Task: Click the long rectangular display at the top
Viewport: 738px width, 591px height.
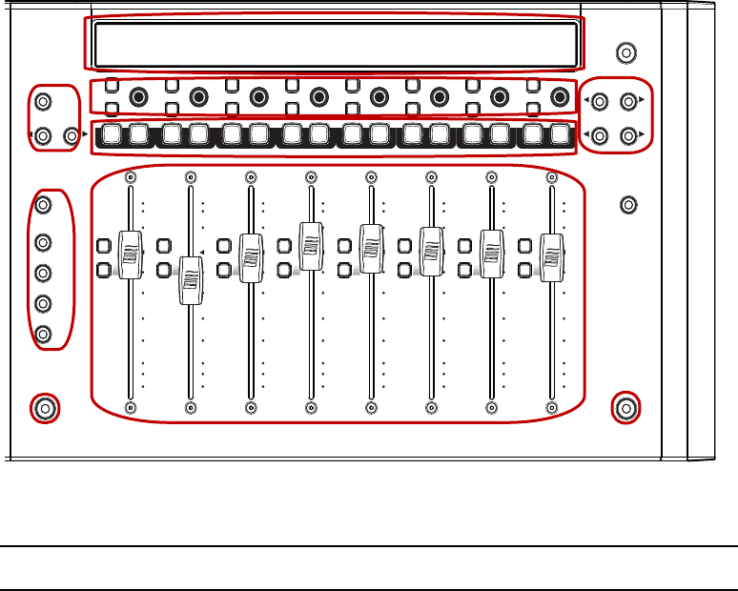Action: pyautogui.click(x=336, y=44)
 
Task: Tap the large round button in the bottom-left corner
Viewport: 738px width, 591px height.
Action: pyautogui.click(x=43, y=409)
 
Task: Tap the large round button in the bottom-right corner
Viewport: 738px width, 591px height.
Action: pyautogui.click(x=625, y=409)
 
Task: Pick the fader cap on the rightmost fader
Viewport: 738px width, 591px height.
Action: pyautogui.click(x=551, y=255)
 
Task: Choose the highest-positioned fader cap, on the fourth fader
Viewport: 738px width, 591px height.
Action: pyautogui.click(x=310, y=246)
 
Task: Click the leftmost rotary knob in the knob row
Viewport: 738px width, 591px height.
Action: pyautogui.click(x=139, y=96)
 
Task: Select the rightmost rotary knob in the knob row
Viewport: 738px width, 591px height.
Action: pyautogui.click(x=560, y=96)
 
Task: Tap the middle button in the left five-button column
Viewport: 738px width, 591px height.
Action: pyautogui.click(x=43, y=273)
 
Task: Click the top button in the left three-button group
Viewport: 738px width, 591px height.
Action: pyautogui.click(x=43, y=100)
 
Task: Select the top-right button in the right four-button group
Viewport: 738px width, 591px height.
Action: pyautogui.click(x=627, y=99)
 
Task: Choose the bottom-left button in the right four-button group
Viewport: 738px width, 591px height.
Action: pyautogui.click(x=601, y=135)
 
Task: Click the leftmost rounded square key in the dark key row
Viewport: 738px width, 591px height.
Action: pyautogui.click(x=113, y=135)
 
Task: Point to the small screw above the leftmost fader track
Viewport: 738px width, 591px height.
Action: pyautogui.click(x=131, y=176)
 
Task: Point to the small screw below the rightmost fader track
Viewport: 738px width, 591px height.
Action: pyautogui.click(x=552, y=408)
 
